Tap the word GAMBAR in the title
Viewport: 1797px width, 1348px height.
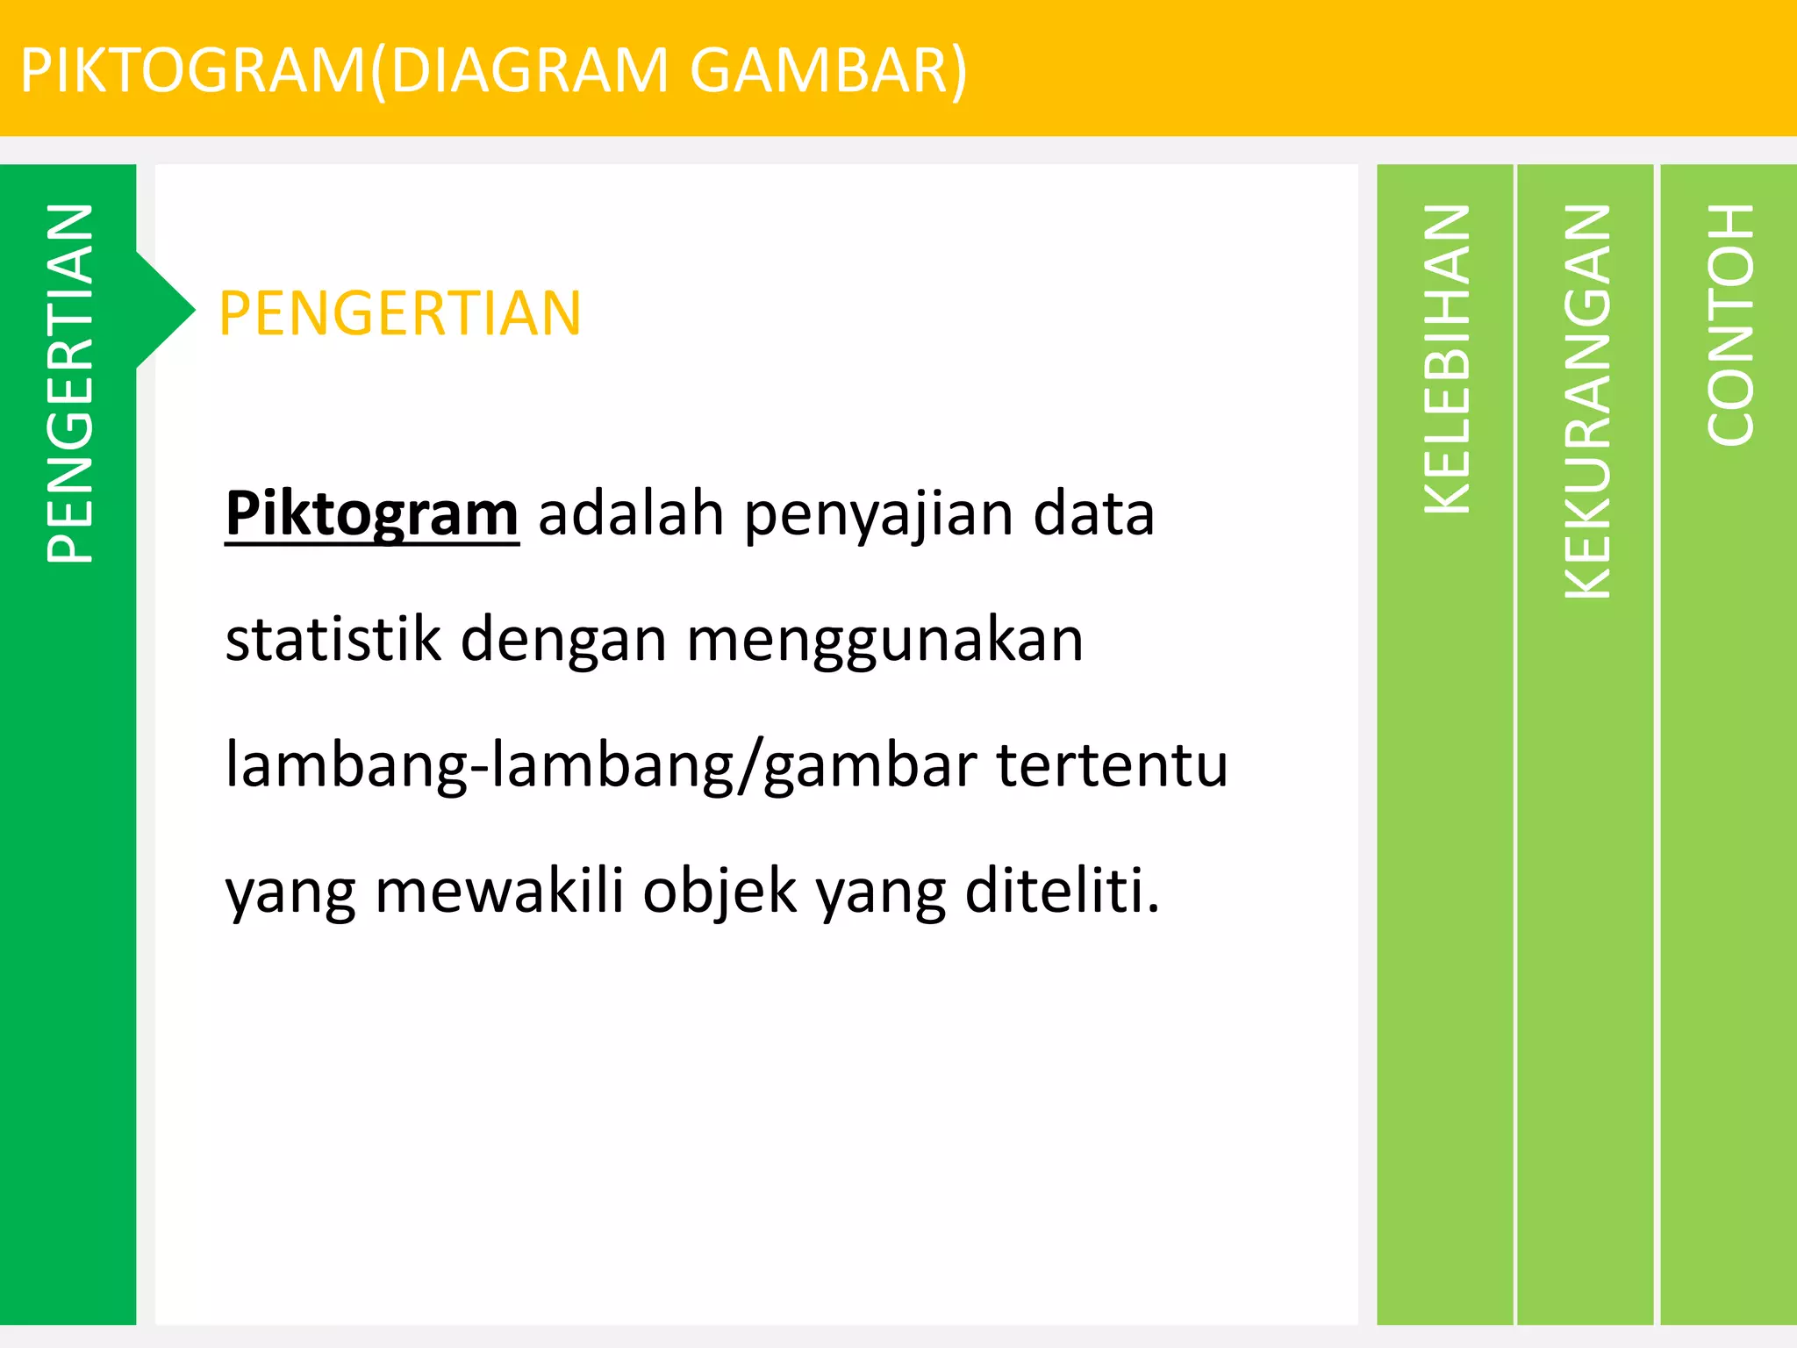tap(820, 70)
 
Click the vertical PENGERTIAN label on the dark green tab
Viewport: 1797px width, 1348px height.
tap(69, 383)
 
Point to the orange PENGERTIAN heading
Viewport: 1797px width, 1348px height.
tap(400, 313)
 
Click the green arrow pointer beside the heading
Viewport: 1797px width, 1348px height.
tap(167, 309)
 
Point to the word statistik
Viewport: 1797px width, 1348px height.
tap(333, 639)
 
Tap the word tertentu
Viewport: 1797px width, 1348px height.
tap(1112, 764)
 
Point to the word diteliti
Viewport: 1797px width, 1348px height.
tap(1062, 891)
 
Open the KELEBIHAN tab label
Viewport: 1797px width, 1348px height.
tap(1446, 358)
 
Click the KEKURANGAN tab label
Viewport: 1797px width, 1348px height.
tap(1586, 401)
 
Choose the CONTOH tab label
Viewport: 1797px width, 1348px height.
tap(1729, 324)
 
